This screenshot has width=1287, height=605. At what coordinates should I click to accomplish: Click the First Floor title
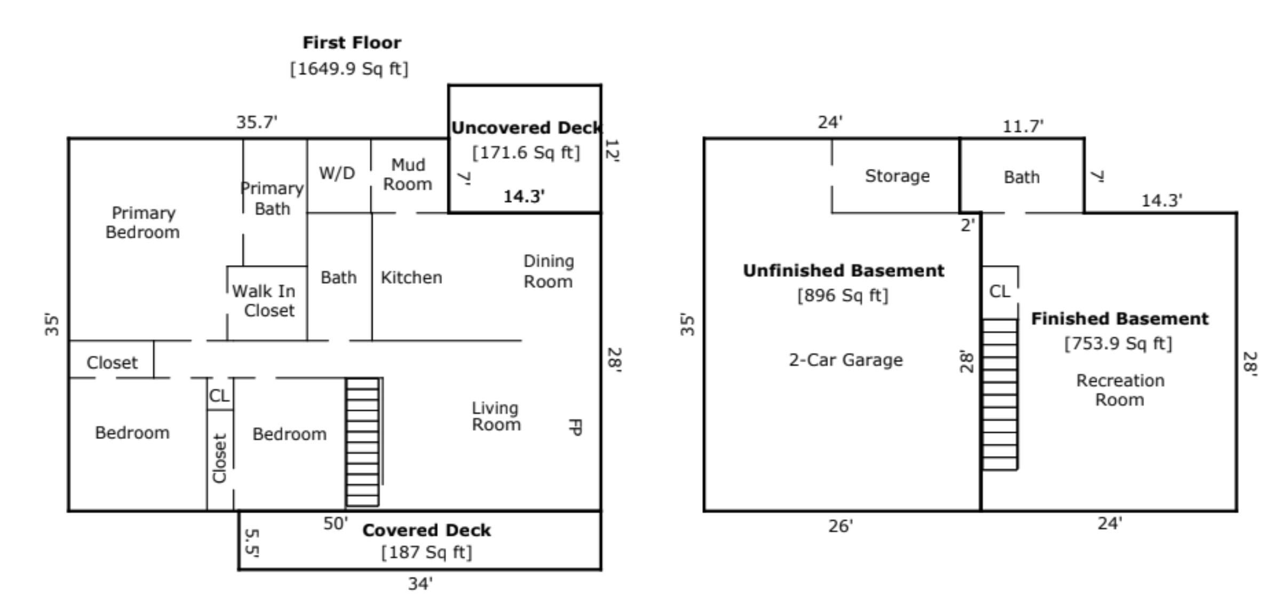[352, 43]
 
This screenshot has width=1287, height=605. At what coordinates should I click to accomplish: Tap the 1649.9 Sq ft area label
[349, 69]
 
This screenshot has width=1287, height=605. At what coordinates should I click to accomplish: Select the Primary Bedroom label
[143, 222]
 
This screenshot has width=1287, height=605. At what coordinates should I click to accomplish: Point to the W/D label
[337, 173]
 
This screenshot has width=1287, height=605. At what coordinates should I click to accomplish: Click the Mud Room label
[408, 174]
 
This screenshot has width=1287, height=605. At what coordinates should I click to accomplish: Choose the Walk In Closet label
[264, 301]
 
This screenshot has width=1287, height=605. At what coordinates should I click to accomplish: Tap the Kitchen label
[411, 277]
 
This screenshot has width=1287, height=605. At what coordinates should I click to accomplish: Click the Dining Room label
[549, 271]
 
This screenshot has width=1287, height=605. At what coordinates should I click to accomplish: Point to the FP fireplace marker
[575, 427]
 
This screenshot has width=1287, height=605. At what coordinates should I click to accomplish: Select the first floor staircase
[363, 442]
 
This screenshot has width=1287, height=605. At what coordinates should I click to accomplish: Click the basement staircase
[1000, 394]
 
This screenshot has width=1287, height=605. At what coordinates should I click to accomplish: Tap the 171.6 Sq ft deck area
[526, 153]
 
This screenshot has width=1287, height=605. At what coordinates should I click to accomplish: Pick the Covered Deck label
[426, 530]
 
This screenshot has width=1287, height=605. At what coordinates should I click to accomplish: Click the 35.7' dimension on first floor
[257, 122]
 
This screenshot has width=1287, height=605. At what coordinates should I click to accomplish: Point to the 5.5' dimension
[251, 543]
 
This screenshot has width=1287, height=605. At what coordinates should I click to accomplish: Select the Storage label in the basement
[897, 176]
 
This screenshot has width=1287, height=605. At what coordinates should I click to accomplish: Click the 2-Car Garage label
[846, 360]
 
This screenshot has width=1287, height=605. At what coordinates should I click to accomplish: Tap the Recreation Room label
[1120, 390]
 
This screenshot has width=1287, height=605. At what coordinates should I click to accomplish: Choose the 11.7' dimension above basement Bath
[1023, 126]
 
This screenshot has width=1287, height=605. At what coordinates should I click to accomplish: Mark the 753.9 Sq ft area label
[1118, 343]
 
